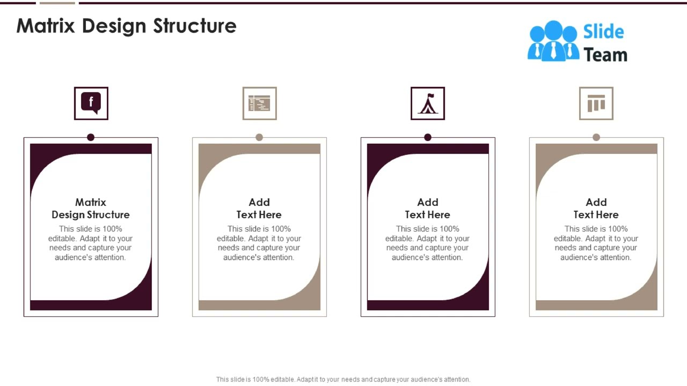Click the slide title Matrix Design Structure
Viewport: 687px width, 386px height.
point(126,26)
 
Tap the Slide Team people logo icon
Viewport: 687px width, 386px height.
point(553,41)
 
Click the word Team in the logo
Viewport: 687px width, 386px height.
point(605,55)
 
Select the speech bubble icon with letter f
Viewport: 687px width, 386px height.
point(91,103)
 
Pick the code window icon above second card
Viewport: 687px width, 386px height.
point(260,103)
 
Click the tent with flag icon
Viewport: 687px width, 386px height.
point(428,103)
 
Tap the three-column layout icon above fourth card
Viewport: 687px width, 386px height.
point(596,103)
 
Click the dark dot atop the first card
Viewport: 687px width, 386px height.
point(91,137)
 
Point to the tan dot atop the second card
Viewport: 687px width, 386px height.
point(259,137)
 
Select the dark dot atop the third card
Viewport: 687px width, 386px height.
point(428,137)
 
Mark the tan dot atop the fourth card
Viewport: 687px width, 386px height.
point(596,137)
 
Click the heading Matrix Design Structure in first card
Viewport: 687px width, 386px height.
point(91,209)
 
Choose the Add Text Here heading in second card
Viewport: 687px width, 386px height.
point(259,209)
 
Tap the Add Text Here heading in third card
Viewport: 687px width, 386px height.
point(428,209)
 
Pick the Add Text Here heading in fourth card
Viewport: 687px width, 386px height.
point(596,209)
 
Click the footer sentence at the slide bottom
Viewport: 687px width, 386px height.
point(343,379)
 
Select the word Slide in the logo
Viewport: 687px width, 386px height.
point(603,32)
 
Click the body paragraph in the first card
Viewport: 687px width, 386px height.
point(91,243)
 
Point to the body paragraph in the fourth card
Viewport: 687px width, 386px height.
point(596,243)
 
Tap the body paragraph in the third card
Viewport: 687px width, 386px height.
point(428,243)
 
